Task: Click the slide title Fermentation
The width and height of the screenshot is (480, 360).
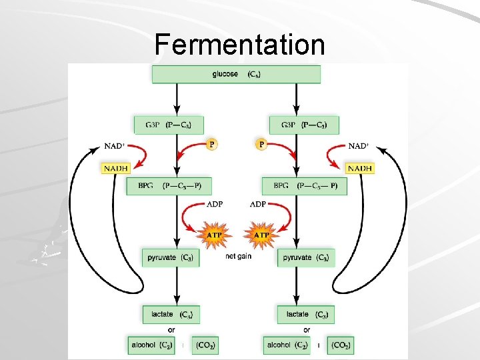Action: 239,45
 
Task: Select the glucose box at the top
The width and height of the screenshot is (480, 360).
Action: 236,74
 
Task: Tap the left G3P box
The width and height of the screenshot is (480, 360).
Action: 165,125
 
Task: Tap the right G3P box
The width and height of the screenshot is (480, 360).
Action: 303,125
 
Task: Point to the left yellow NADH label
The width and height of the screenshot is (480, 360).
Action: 115,169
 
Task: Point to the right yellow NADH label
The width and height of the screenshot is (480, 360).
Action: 360,169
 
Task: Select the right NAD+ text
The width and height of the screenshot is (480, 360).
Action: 359,146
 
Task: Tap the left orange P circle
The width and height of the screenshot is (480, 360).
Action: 211,144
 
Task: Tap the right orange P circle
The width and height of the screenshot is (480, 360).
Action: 262,144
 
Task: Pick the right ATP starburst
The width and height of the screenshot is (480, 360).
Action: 262,235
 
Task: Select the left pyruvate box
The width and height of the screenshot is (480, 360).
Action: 169,257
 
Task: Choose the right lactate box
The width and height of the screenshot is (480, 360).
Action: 306,314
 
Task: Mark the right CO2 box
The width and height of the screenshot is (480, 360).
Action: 341,345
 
